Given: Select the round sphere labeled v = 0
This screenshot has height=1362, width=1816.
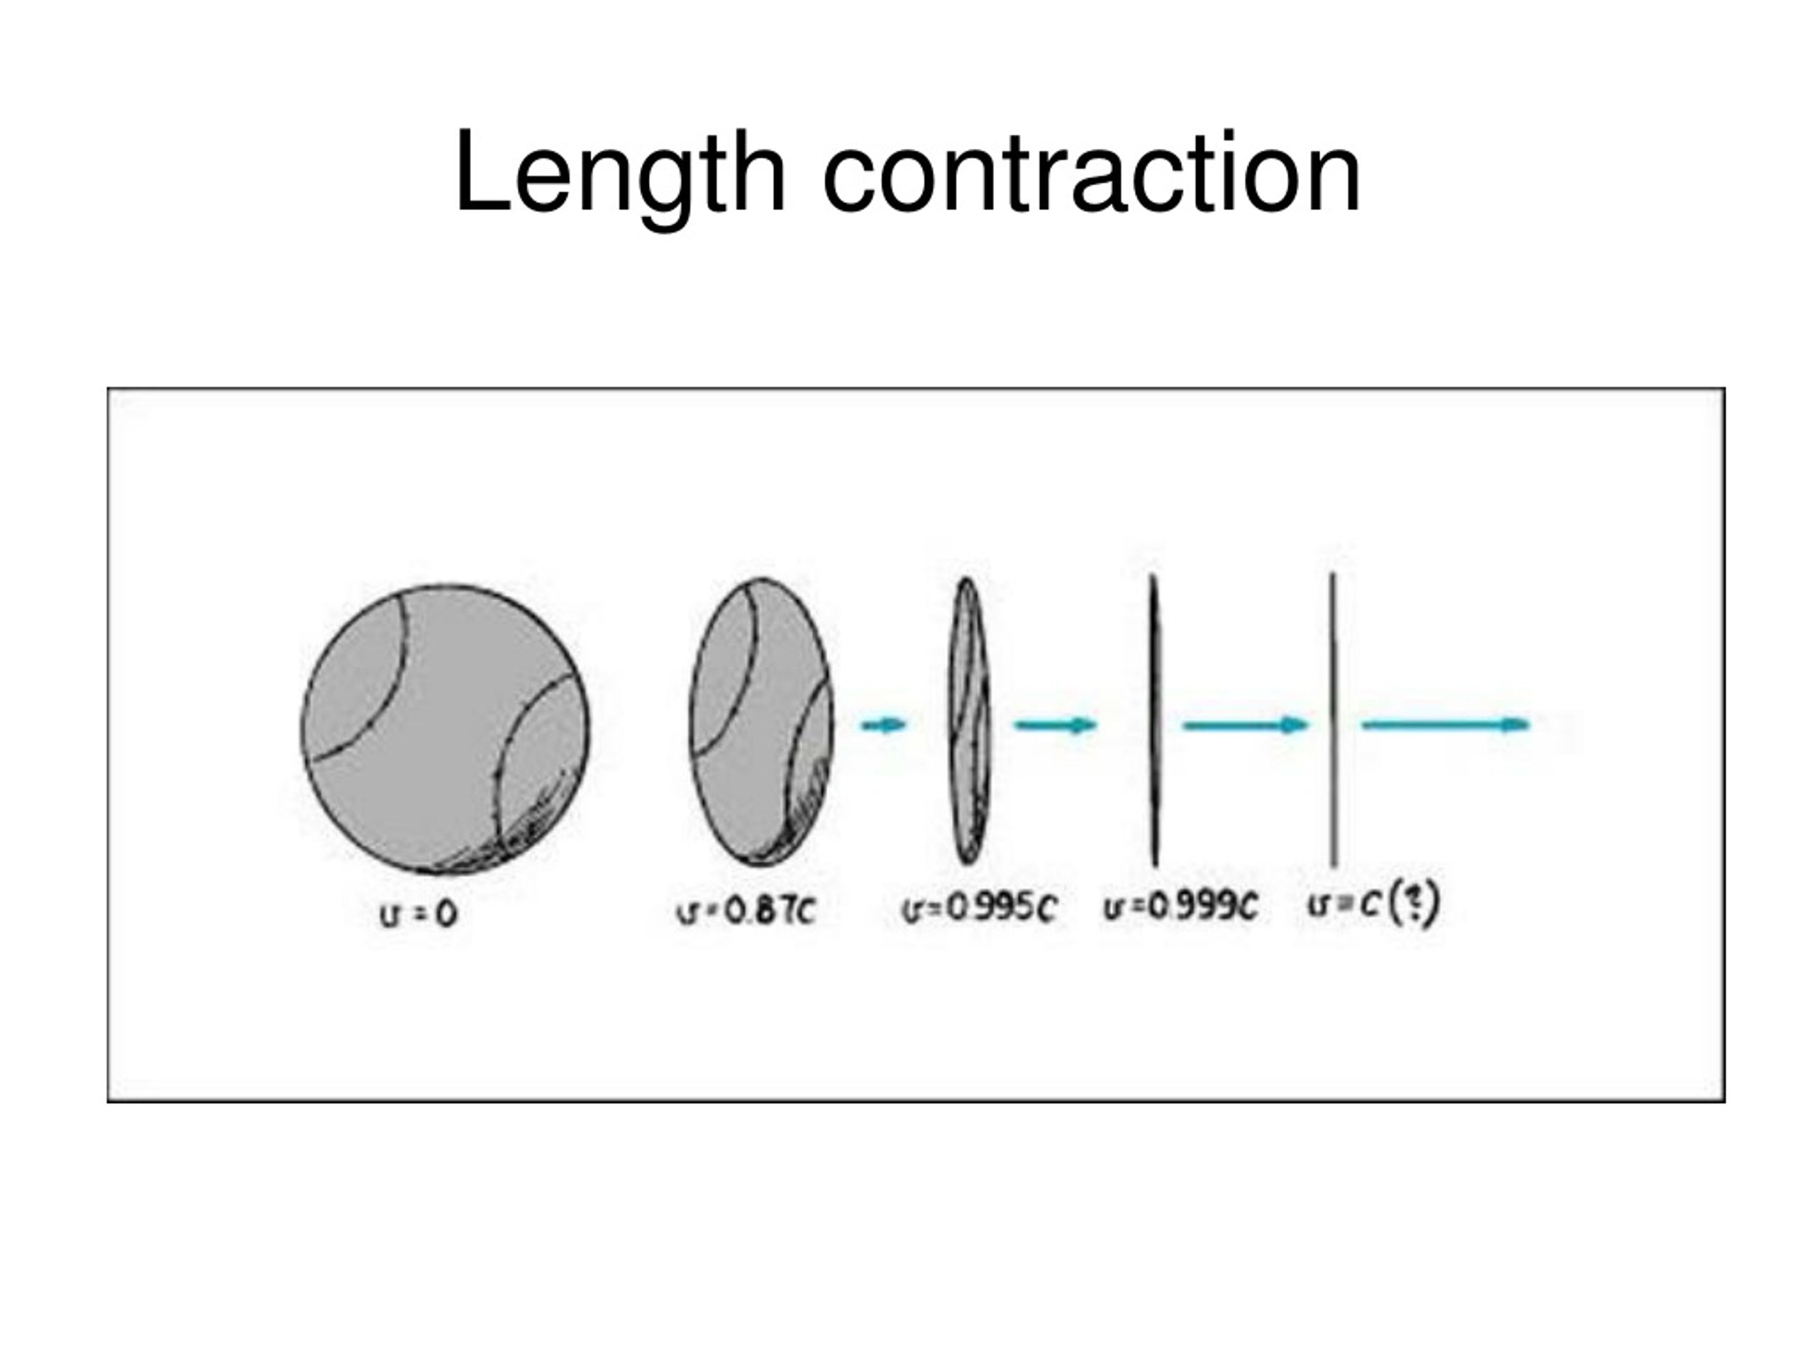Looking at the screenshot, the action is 445,729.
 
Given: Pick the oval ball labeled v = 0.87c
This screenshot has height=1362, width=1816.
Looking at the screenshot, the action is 761,722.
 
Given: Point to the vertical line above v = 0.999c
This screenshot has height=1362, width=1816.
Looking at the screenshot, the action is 1154,721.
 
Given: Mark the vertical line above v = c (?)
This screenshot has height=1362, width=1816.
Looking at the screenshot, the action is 1333,721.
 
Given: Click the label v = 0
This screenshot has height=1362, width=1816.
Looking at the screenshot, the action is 418,914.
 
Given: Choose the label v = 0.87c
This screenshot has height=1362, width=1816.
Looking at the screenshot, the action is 746,909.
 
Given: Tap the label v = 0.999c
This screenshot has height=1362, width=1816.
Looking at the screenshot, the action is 1180,907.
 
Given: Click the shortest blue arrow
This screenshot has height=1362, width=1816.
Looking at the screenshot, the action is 883,724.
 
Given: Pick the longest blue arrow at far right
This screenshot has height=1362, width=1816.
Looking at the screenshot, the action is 1446,724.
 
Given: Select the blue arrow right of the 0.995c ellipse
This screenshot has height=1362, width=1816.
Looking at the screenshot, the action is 1056,724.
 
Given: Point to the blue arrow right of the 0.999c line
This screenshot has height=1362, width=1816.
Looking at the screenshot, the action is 1246,724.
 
